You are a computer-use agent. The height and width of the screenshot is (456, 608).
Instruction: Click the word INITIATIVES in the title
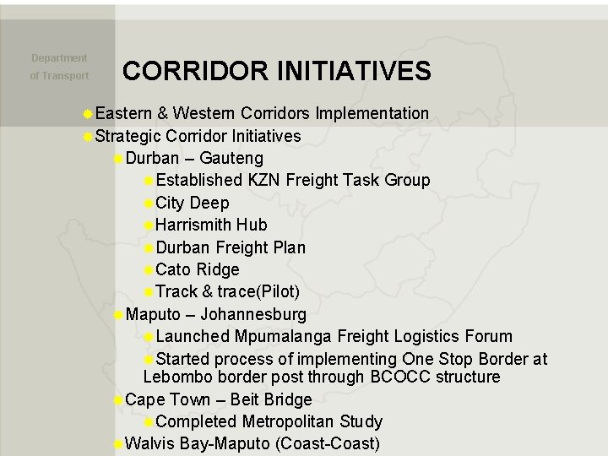(355, 70)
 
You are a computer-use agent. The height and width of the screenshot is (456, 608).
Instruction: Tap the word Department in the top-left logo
(59, 58)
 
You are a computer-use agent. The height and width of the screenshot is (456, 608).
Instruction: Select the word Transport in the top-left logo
(67, 76)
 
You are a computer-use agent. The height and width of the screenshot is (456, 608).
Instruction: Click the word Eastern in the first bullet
(123, 113)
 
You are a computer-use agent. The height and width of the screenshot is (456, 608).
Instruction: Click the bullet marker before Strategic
(88, 136)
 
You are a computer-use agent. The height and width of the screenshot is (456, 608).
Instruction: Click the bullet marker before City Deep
(149, 203)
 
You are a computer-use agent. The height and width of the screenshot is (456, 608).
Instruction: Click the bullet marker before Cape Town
(118, 399)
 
